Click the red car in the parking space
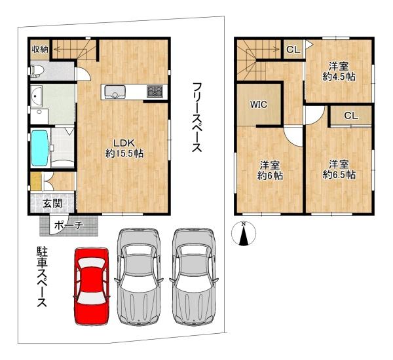point(92,285)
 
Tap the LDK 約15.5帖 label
point(124,149)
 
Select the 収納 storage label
point(39,49)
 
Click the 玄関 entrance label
point(52,203)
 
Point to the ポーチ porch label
point(68,226)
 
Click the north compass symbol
point(244,234)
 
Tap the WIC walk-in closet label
point(258,104)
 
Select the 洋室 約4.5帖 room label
point(338,71)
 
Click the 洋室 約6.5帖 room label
point(339,170)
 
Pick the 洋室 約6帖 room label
point(269,170)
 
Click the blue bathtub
point(40,148)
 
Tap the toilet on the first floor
point(36,70)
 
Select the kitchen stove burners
point(155,92)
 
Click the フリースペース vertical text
point(196,118)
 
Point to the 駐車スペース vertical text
point(40,278)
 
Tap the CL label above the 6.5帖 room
point(350,116)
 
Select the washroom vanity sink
point(36,98)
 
